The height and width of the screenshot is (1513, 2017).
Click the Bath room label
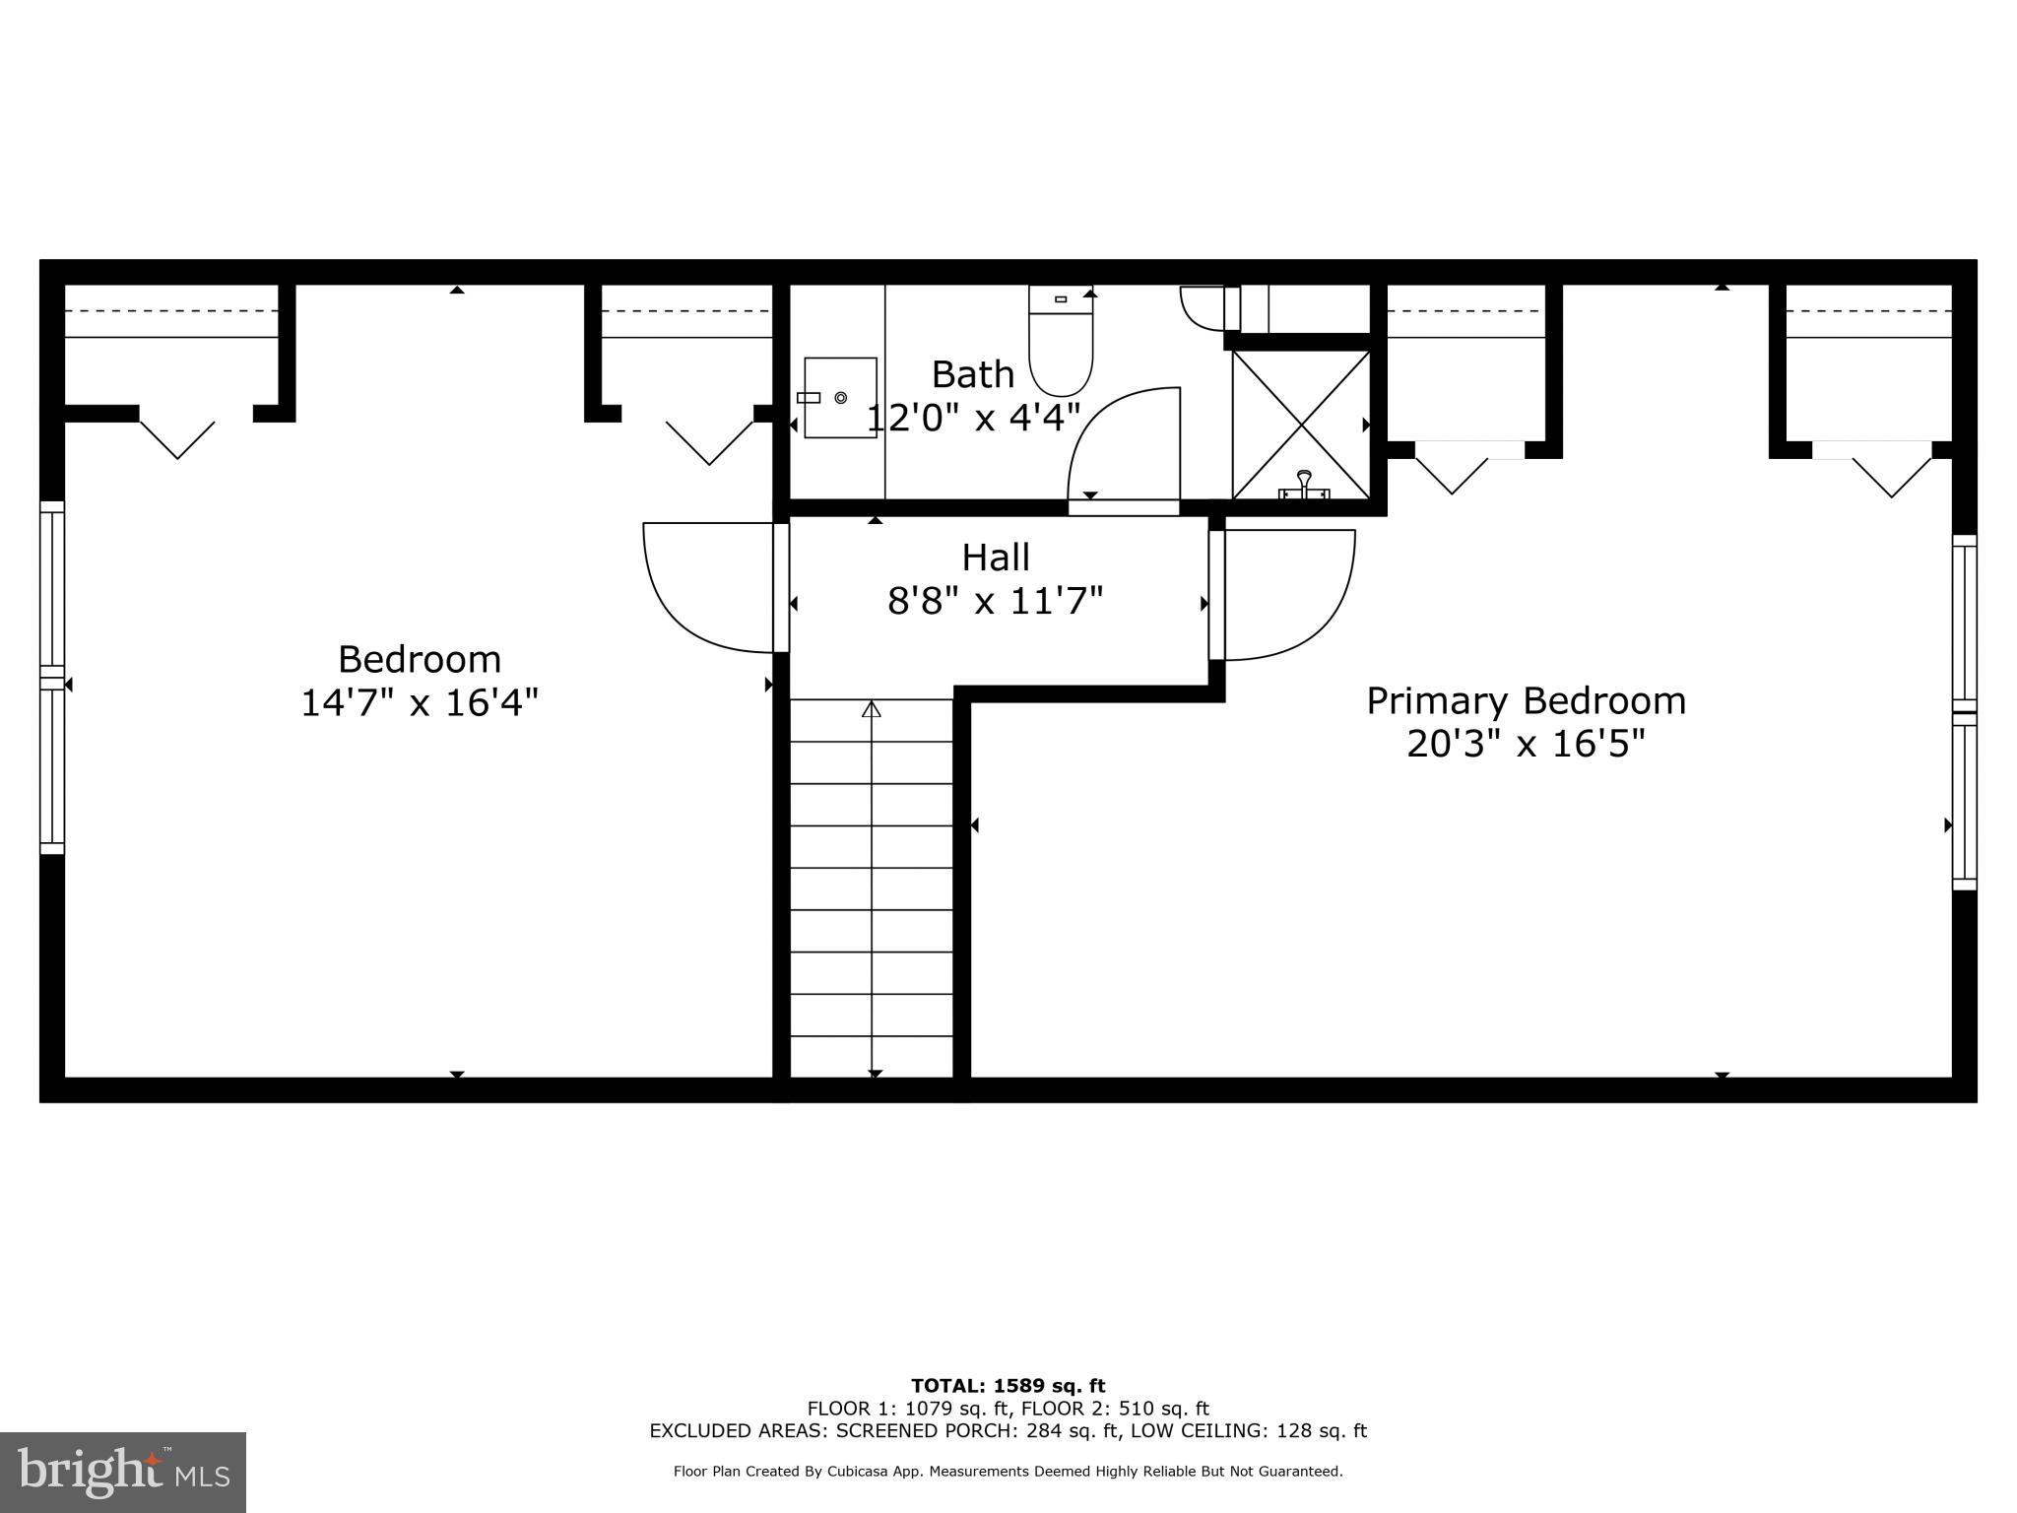tap(972, 374)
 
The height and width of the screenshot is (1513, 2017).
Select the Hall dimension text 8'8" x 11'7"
tap(995, 600)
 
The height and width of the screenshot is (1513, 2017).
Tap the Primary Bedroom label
tap(1526, 701)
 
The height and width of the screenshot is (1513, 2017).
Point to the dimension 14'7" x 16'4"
tap(420, 703)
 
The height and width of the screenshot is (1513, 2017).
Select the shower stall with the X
tap(1301, 425)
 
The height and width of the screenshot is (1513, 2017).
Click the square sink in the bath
tap(840, 398)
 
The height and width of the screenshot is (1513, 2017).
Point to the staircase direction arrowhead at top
tap(872, 709)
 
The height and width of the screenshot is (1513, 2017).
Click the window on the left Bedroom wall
tap(52, 678)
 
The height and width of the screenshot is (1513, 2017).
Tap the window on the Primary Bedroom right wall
tap(1964, 712)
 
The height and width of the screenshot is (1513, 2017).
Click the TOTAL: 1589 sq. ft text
tap(1008, 1387)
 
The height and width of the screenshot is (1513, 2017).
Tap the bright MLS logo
tap(122, 1472)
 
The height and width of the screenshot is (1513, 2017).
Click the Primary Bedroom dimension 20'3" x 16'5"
tap(1526, 744)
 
